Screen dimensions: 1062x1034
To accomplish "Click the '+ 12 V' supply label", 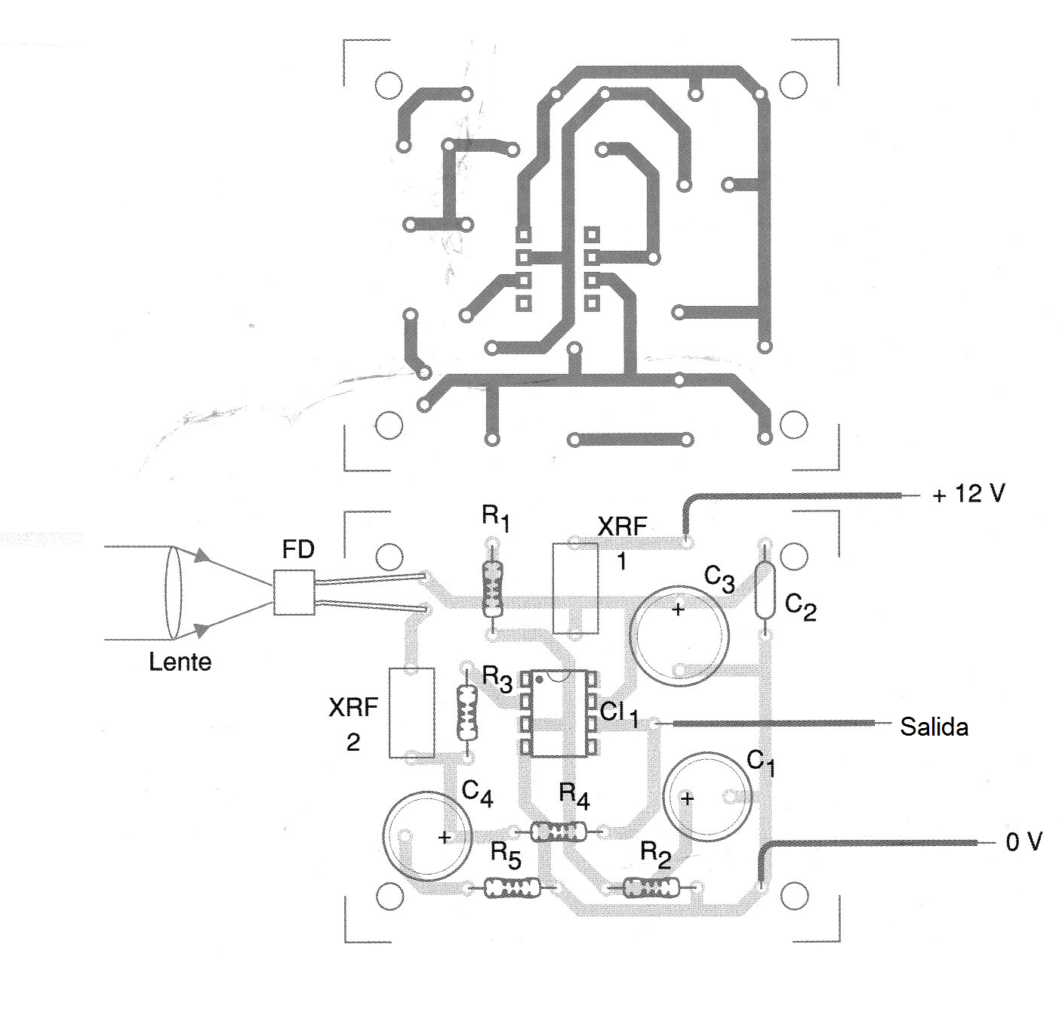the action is (968, 494).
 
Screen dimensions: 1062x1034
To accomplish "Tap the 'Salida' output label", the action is (934, 727).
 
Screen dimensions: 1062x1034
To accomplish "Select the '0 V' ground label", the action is (1024, 841).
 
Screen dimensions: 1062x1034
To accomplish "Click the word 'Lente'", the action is (180, 662).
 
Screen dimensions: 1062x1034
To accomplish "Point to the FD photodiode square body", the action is (294, 593).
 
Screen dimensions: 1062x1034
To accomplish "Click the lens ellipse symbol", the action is (174, 593).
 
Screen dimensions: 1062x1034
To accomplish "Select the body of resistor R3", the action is (466, 713).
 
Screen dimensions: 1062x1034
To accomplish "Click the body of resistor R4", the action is (559, 832).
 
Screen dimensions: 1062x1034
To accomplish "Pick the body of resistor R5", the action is (512, 887).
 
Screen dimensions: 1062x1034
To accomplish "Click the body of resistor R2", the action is (651, 887).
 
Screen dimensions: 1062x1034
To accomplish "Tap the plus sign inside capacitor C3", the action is (678, 609).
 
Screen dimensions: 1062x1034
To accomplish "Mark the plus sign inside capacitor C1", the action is (688, 798).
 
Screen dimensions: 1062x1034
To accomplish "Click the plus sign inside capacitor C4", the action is (445, 837).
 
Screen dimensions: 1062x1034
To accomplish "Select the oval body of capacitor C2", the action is (765, 592).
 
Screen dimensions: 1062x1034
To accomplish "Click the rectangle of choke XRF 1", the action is (575, 588).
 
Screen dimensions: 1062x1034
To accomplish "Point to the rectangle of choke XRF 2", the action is (411, 712).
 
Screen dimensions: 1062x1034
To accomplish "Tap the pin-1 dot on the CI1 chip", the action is (539, 680).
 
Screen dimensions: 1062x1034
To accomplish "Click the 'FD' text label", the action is (298, 550).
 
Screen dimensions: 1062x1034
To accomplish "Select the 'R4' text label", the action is (574, 795).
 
